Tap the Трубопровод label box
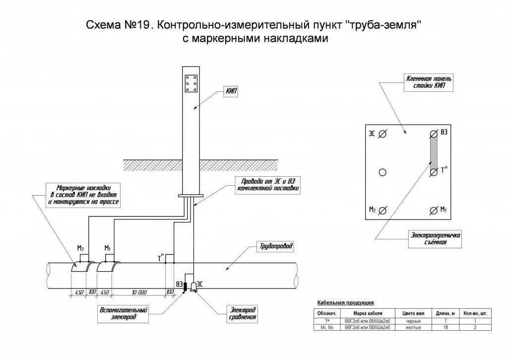tap(276, 246)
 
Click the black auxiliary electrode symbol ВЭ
tap(185, 287)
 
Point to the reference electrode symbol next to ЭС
tap(193, 287)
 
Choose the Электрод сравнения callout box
tap(242, 313)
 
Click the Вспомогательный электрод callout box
tap(124, 313)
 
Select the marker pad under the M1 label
tap(108, 267)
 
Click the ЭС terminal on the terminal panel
tap(382, 134)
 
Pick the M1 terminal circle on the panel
tap(433, 211)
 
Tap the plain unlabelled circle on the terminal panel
tap(382, 172)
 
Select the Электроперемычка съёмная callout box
tap(436, 239)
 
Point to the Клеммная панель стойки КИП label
tap(429, 82)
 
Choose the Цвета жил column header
tap(413, 313)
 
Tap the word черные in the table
tap(413, 321)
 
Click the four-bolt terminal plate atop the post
tap(191, 84)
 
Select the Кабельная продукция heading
tap(345, 302)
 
